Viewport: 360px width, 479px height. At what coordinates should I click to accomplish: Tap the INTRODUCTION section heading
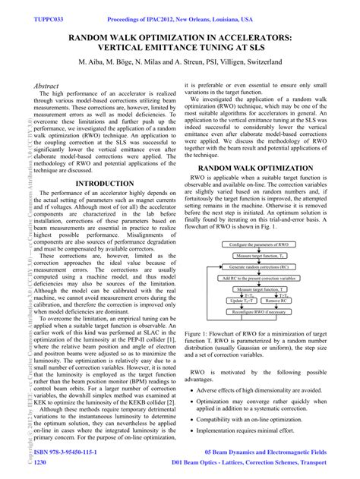[99, 184]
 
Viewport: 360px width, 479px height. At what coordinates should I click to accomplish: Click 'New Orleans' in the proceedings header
[218, 6]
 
